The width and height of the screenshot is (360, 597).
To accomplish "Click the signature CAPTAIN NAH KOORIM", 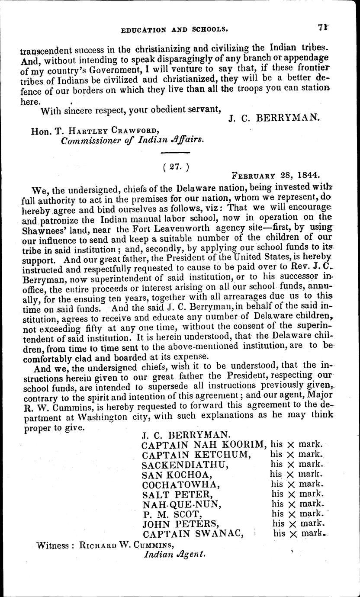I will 203,444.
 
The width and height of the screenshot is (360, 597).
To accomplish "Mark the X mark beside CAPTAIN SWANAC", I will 293,535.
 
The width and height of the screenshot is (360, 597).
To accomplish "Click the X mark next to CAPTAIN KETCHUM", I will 291,454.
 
